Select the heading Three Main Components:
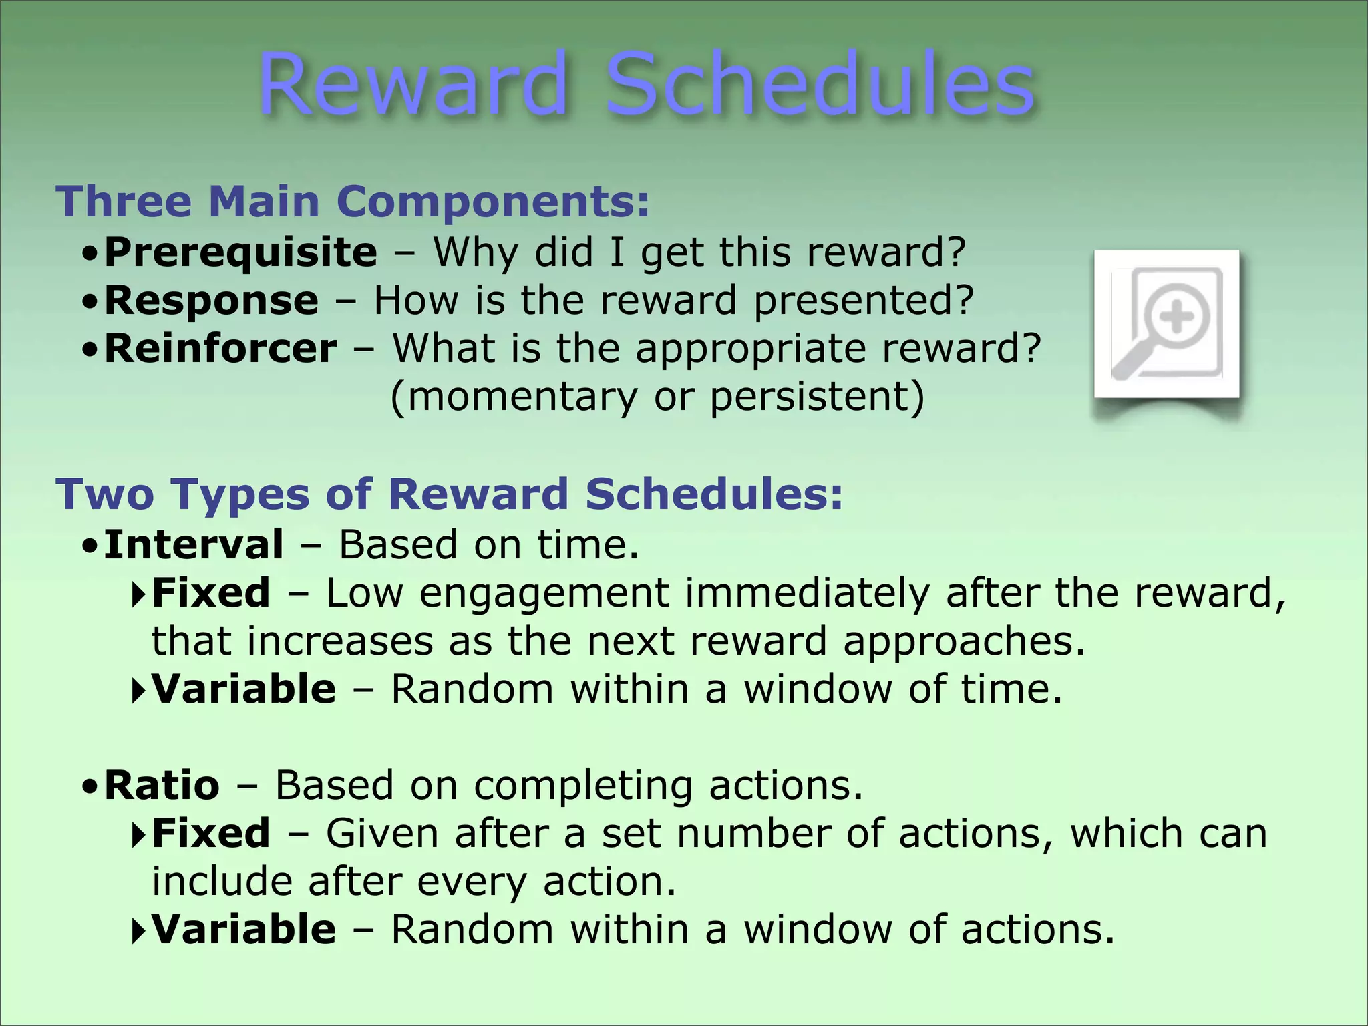pyautogui.click(x=353, y=202)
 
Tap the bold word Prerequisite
pyautogui.click(x=240, y=252)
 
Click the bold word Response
pyautogui.click(x=211, y=301)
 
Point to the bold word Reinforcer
pyautogui.click(x=220, y=349)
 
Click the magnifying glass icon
pyautogui.click(x=1166, y=325)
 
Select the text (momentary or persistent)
pyautogui.click(x=657, y=397)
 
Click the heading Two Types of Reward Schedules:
pyautogui.click(x=450, y=494)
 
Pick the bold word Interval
pyautogui.click(x=194, y=544)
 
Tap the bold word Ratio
pyautogui.click(x=162, y=785)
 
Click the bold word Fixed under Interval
pyautogui.click(x=210, y=593)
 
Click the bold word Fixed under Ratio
pyautogui.click(x=210, y=834)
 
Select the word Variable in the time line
pyautogui.click(x=244, y=689)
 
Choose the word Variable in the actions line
pyautogui.click(x=244, y=930)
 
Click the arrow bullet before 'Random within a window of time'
pyautogui.click(x=138, y=691)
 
